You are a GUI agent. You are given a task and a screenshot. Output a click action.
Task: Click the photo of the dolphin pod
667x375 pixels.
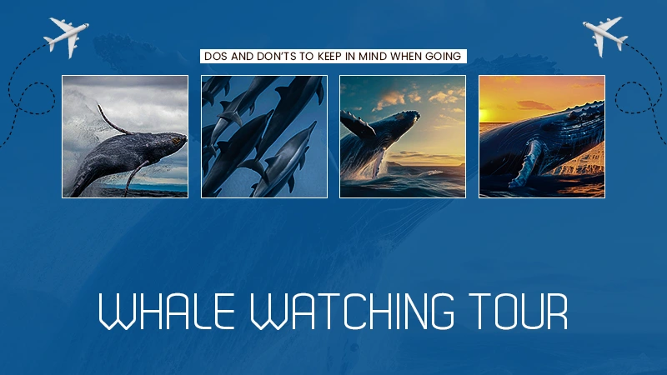tap(263, 137)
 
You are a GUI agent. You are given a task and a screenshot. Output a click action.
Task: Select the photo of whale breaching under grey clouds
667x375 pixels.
tap(125, 137)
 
